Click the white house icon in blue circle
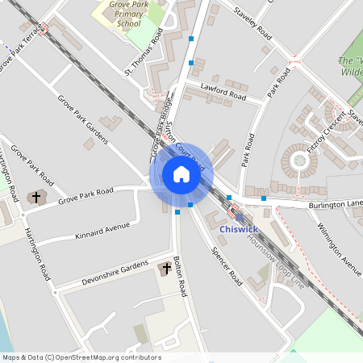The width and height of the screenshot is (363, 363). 181,174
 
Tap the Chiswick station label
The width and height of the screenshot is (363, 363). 239,229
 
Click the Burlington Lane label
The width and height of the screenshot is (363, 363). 336,205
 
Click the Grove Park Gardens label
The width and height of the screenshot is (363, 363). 82,119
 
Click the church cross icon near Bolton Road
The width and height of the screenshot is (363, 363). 167,267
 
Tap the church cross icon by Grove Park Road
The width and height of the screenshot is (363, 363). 34,197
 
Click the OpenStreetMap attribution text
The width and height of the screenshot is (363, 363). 81,357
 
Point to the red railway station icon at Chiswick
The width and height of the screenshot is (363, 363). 236,214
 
